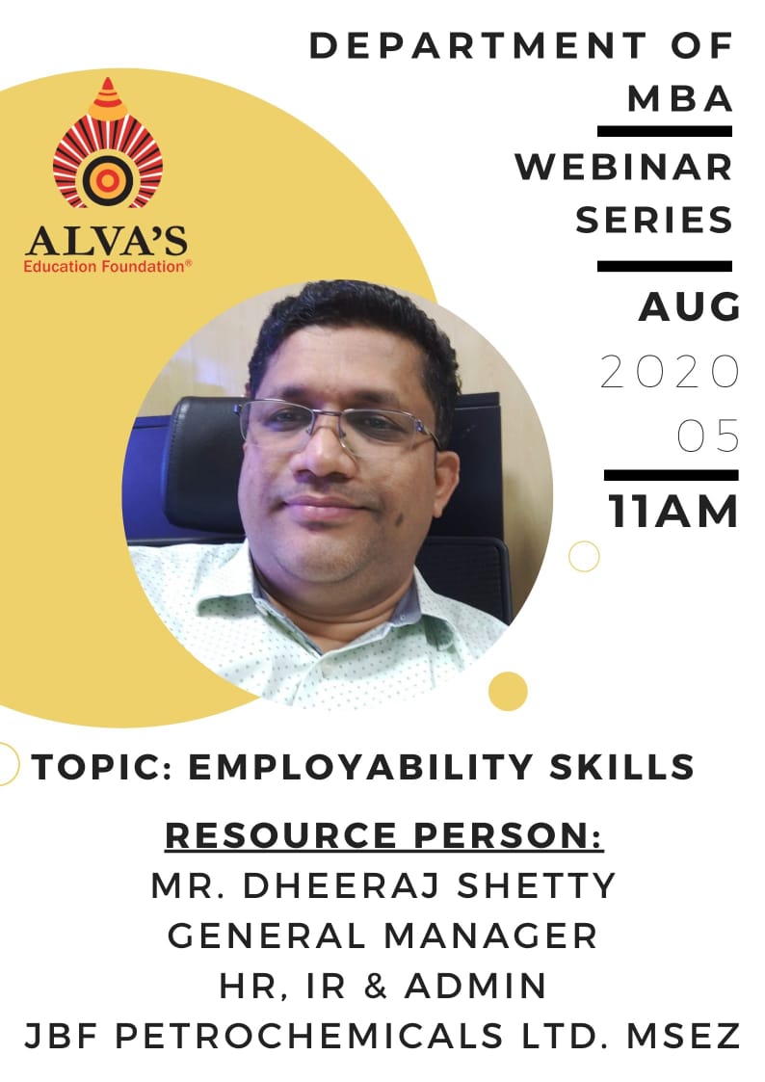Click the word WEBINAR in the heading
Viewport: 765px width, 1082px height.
pyautogui.click(x=623, y=167)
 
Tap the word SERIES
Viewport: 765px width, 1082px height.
pyautogui.click(x=654, y=220)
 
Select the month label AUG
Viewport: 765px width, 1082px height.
pyautogui.click(x=689, y=307)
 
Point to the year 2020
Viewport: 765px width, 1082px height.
pyautogui.click(x=670, y=372)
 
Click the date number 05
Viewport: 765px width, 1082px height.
pyautogui.click(x=708, y=436)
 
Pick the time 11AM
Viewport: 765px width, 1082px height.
pyautogui.click(x=673, y=512)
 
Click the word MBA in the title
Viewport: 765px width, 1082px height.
pyautogui.click(x=679, y=98)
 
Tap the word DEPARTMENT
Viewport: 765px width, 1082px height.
pyautogui.click(x=477, y=46)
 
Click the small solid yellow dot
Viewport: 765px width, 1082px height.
pyautogui.click(x=508, y=691)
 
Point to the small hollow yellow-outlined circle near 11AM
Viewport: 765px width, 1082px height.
pyautogui.click(x=584, y=556)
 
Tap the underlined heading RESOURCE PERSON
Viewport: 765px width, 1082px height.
pyautogui.click(x=384, y=835)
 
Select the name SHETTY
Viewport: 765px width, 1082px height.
pyautogui.click(x=536, y=886)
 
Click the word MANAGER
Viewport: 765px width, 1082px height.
pyautogui.click(x=490, y=937)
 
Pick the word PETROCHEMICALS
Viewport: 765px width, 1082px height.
pyautogui.click(x=309, y=1036)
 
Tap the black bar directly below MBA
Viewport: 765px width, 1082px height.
pyautogui.click(x=664, y=131)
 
